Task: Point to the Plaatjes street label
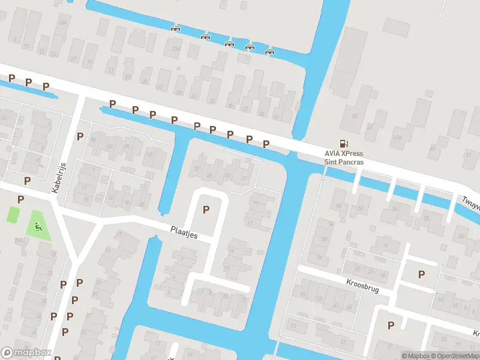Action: point(184,230)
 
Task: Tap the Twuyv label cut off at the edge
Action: point(471,205)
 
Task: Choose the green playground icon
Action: point(38,226)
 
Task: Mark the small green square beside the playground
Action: point(12,214)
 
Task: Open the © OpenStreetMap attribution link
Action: point(452,356)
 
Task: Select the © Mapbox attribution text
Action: point(415,356)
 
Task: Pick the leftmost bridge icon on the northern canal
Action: point(176,28)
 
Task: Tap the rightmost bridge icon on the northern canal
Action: point(269,50)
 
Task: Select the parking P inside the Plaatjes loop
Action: point(206,209)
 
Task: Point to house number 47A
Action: point(397,137)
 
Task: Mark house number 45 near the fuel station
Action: point(355,116)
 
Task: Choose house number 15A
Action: point(17,240)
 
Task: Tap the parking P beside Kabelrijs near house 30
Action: point(80,137)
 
